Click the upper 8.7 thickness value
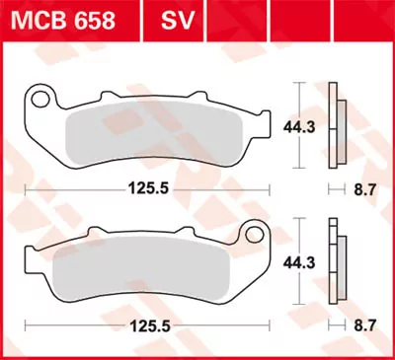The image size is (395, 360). pos(365,186)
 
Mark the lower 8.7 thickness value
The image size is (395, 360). pos(365,323)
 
